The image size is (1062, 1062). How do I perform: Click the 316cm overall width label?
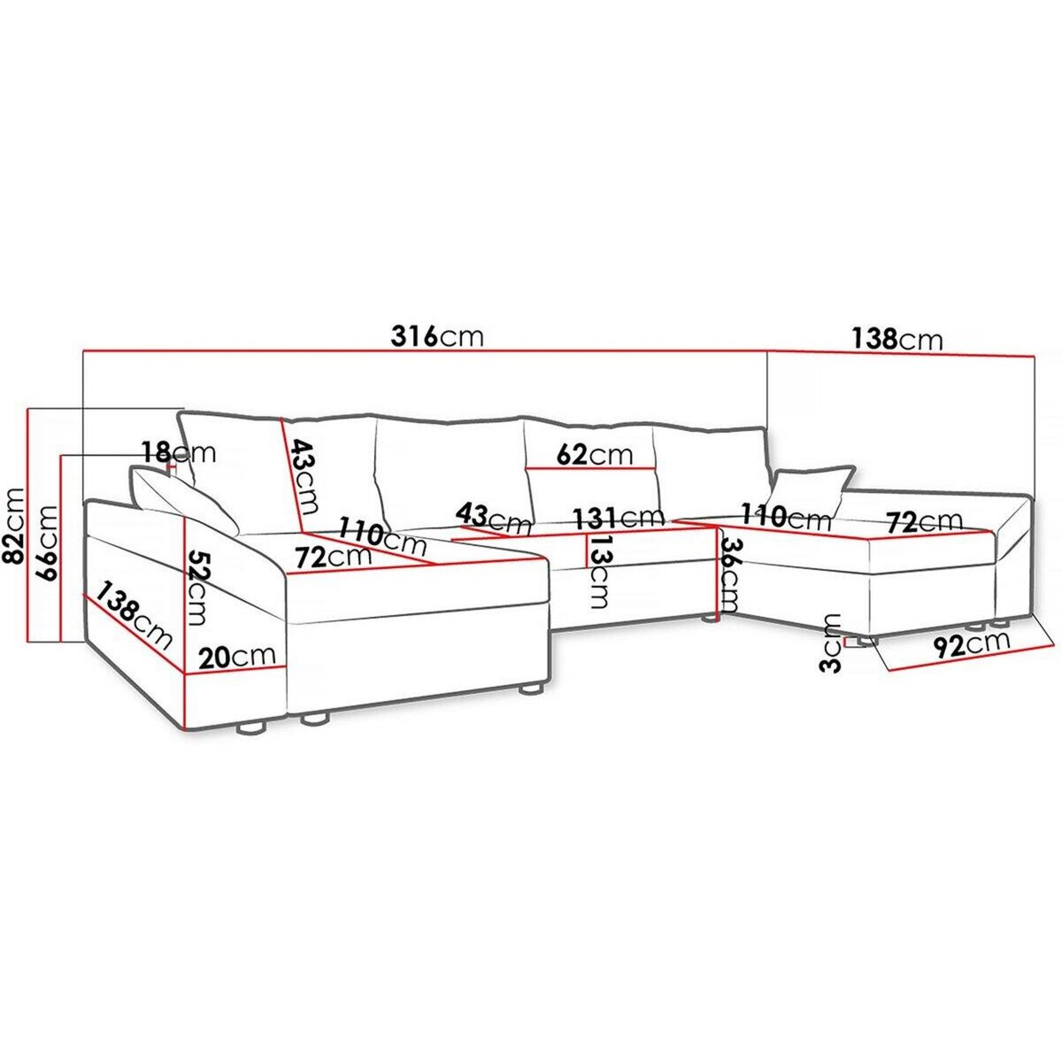[x=436, y=336]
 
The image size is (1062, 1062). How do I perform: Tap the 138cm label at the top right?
[x=897, y=339]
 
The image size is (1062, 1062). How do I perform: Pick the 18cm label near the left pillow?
[x=179, y=453]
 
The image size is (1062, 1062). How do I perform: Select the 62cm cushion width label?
[x=594, y=455]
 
